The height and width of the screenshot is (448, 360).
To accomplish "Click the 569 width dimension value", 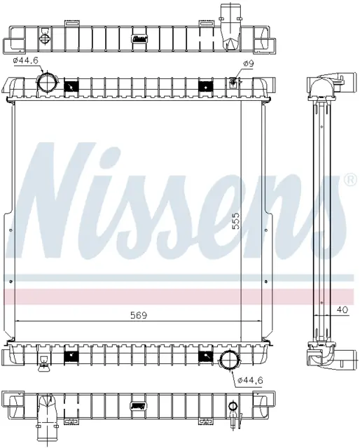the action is tap(139, 315).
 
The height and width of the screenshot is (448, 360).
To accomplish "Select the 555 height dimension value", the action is tap(236, 221).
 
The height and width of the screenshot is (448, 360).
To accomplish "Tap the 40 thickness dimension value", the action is tap(343, 309).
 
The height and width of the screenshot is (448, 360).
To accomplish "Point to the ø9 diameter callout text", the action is tap(249, 64).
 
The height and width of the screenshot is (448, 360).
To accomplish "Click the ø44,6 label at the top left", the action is tap(25, 60).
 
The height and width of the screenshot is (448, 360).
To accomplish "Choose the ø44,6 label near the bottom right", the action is tap(250, 380).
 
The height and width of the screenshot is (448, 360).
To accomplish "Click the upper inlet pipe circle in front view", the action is tap(47, 83).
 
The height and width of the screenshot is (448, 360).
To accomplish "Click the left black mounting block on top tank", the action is tap(71, 86).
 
